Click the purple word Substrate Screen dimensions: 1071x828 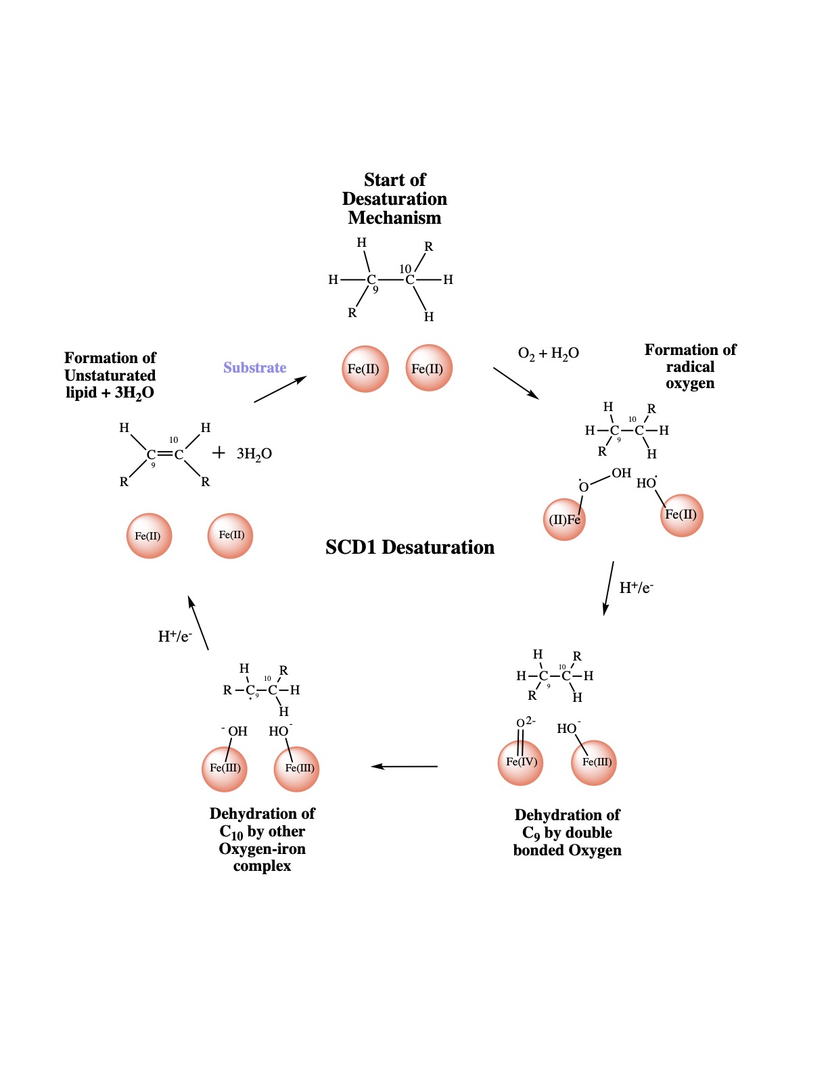(x=254, y=368)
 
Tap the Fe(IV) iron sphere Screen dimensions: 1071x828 (x=520, y=763)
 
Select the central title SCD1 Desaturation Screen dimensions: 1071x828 (x=409, y=547)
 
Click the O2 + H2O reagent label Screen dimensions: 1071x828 (x=548, y=354)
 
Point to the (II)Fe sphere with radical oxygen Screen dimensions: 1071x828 (x=564, y=519)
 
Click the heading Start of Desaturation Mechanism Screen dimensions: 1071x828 (x=394, y=199)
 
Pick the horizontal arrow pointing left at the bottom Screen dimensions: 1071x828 (x=405, y=766)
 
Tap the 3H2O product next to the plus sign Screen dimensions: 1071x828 (x=254, y=454)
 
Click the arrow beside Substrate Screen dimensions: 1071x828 (x=280, y=389)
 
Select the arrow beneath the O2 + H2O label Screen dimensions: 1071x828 (x=516, y=383)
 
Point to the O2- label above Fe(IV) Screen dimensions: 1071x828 (x=526, y=722)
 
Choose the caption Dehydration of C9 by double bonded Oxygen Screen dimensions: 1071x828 (x=567, y=832)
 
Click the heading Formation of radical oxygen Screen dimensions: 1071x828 (x=690, y=366)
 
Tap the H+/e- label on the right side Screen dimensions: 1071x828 (x=637, y=588)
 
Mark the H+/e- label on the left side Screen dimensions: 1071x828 (x=175, y=636)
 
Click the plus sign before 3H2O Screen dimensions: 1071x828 (x=218, y=453)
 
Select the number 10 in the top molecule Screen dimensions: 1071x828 (x=405, y=269)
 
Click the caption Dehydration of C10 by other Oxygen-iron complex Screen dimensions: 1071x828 (x=262, y=839)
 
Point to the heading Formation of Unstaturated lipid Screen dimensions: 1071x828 (x=110, y=375)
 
